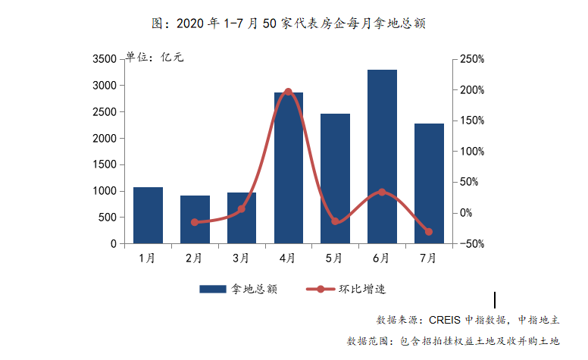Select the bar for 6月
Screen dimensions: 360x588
(382, 157)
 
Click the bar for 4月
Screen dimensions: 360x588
(289, 168)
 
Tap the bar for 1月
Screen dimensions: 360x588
(149, 215)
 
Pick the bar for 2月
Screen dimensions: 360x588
(195, 220)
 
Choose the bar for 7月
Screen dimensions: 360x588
(429, 183)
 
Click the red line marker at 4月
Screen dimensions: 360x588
(288, 92)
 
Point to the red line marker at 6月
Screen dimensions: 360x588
(382, 192)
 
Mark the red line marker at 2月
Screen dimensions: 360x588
(195, 222)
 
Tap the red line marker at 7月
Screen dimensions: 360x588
(429, 232)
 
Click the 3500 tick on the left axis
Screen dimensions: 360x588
(104, 59)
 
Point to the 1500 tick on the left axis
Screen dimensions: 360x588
(104, 165)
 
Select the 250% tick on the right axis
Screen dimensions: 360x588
(471, 59)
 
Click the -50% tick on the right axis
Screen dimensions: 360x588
(471, 244)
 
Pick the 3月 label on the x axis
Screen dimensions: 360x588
(241, 258)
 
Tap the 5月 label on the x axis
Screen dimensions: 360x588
(335, 258)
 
